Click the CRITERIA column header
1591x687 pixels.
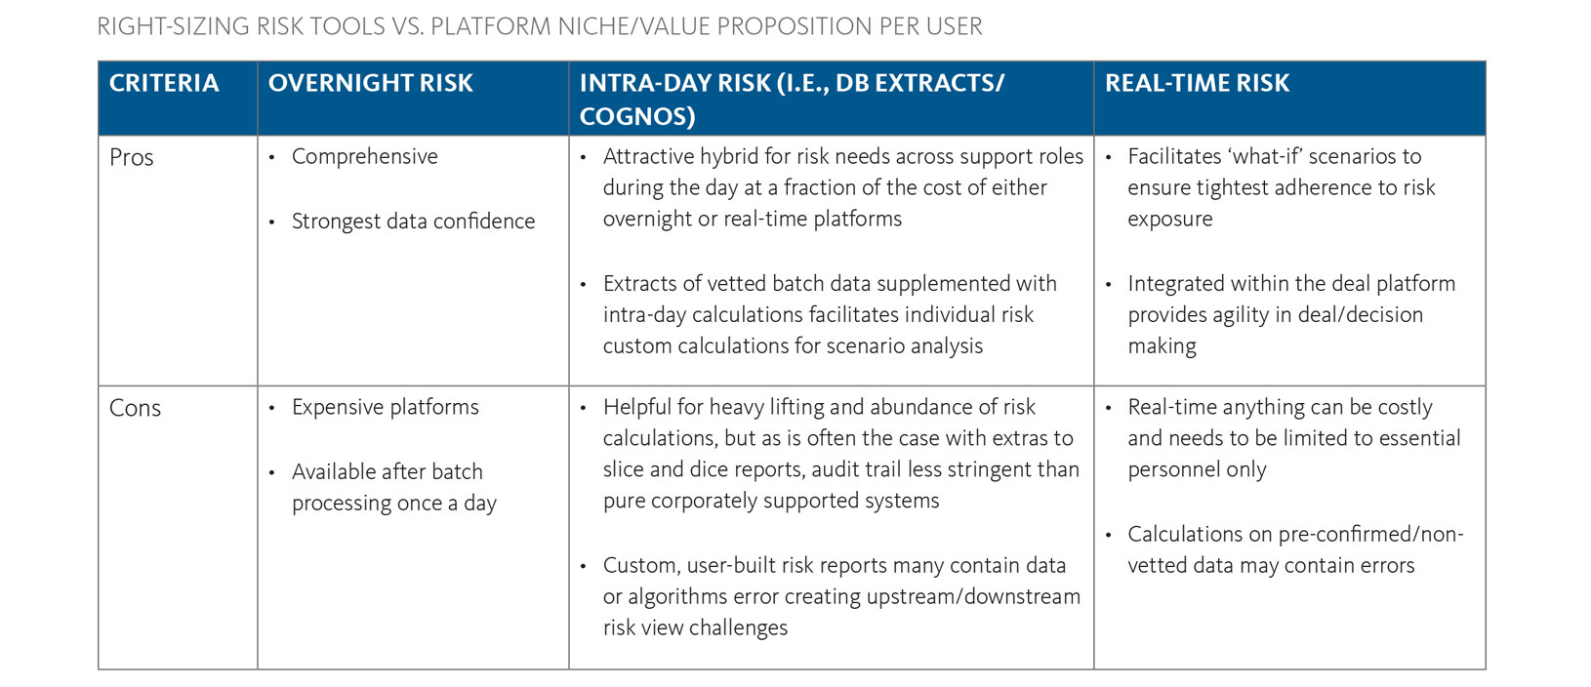(164, 83)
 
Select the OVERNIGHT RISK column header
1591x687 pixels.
(370, 83)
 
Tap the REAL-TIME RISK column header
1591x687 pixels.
(1197, 83)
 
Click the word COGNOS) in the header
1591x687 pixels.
(636, 116)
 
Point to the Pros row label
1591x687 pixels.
(132, 157)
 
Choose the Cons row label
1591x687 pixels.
(135, 408)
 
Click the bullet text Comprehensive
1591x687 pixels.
(364, 156)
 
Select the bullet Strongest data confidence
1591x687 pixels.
(413, 222)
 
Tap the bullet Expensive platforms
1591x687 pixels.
(385, 407)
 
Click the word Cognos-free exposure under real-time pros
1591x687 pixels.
(1169, 219)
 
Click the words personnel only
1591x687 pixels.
(1197, 469)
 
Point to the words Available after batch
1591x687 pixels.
(387, 471)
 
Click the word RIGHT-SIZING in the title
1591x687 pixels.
(173, 26)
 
